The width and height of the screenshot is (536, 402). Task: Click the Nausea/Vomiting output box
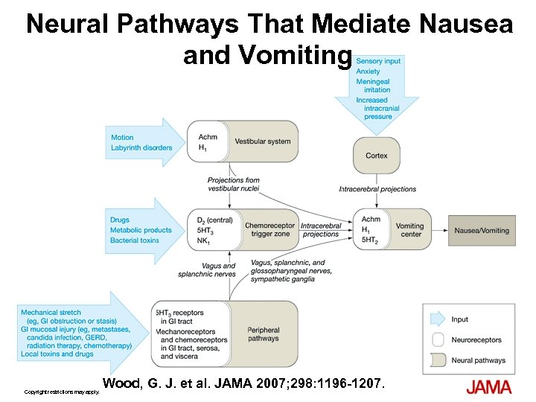pos(482,230)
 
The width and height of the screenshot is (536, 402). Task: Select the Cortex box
pos(376,156)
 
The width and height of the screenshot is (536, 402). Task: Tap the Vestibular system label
pos(263,141)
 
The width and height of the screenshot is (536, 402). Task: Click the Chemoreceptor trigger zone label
pos(270,230)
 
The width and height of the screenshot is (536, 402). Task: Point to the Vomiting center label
pos(410,230)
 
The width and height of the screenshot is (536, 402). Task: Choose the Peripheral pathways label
pos(263,334)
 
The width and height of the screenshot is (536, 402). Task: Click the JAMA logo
pos(489,386)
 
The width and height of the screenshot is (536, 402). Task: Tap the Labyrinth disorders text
pos(141,147)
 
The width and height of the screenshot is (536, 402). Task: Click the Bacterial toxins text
pos(135,240)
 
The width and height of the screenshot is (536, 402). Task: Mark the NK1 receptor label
pos(203,241)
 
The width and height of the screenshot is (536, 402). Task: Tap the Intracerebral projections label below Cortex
pos(377,189)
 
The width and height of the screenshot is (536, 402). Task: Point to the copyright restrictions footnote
pos(62,392)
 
